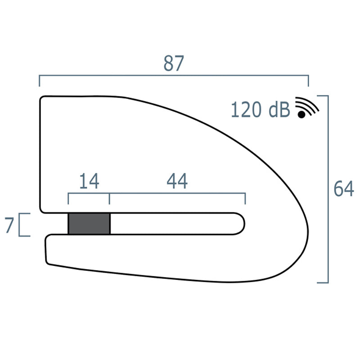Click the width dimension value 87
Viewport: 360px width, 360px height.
174,64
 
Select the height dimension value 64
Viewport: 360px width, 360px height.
343,189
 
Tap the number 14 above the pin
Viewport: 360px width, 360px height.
89,181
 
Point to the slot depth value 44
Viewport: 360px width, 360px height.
177,181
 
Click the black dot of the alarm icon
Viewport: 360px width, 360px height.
301,115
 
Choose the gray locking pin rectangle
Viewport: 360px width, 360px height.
89,224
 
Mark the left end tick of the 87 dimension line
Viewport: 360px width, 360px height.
40,81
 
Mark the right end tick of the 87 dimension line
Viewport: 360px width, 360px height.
308,81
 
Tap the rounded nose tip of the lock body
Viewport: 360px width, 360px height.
308,234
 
